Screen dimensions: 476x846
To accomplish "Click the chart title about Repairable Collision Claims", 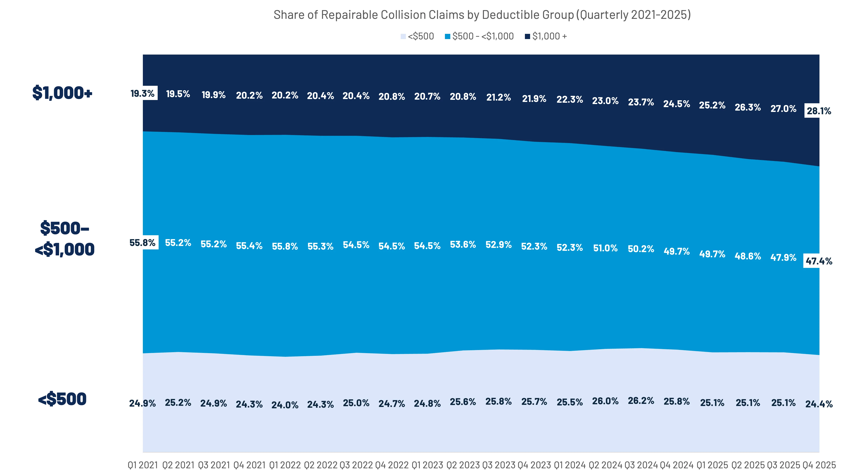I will [482, 15].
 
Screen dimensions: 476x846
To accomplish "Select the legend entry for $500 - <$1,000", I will [480, 36].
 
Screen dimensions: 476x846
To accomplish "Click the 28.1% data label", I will [819, 111].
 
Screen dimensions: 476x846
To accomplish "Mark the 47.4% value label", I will [819, 261].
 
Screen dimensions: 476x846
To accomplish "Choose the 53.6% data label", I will [463, 244].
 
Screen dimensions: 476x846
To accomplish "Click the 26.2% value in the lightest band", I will [641, 401].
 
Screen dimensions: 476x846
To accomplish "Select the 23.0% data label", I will [605, 101].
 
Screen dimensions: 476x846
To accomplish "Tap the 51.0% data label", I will [605, 248].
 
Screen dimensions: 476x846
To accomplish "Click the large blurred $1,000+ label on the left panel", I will [62, 93].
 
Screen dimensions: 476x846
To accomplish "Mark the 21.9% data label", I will [534, 98].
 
